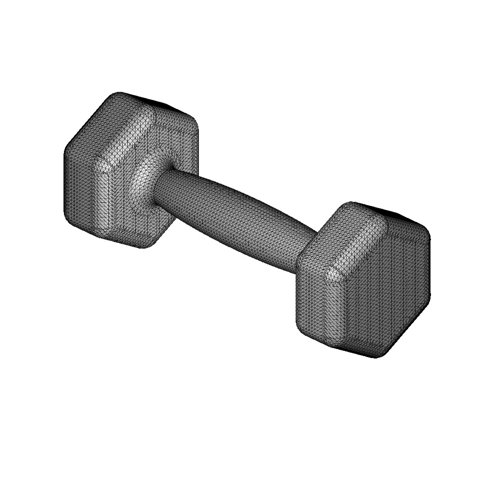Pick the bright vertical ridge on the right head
(x=334, y=308)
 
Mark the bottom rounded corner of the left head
(x=144, y=244)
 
